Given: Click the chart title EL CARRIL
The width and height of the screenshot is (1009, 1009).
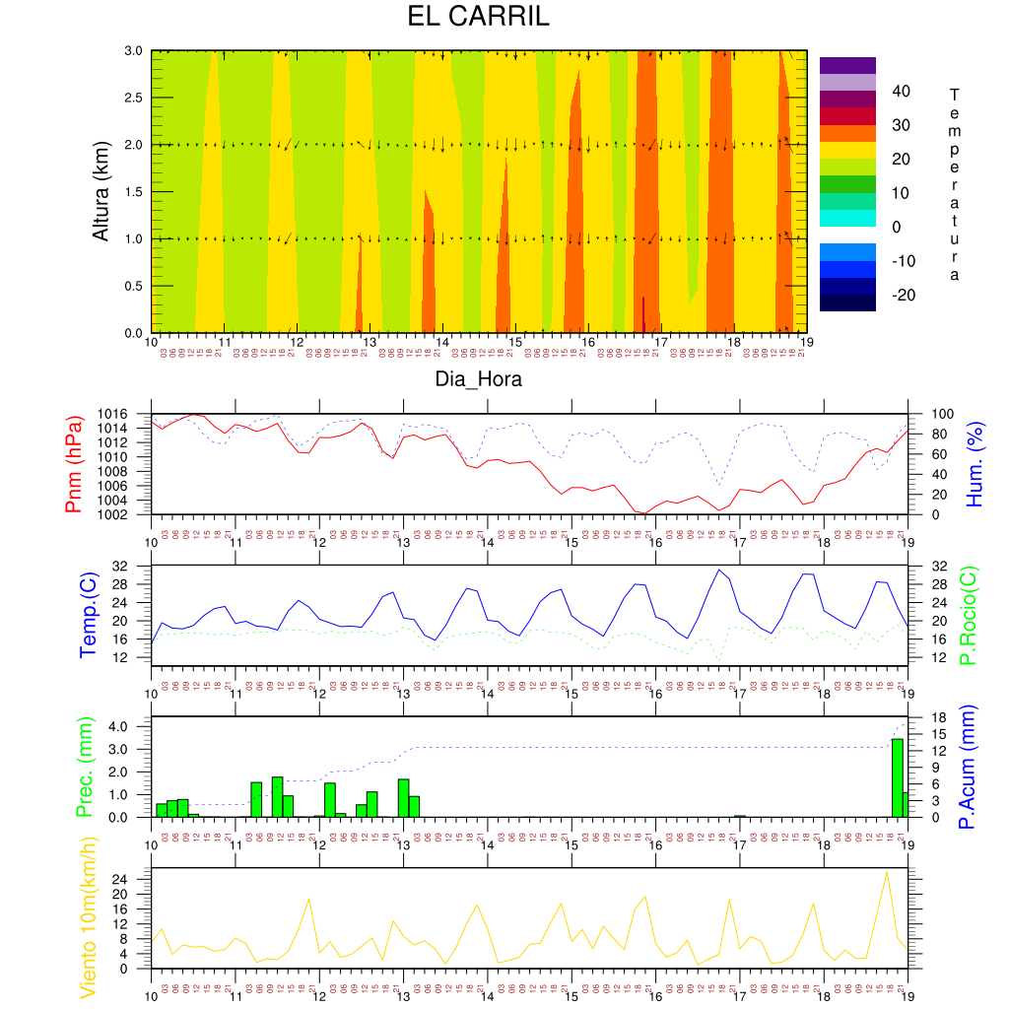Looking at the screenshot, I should pyautogui.click(x=479, y=18).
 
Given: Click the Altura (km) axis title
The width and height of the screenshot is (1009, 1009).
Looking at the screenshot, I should pyautogui.click(x=101, y=190).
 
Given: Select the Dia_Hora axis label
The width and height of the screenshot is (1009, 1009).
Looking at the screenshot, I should pyautogui.click(x=479, y=378).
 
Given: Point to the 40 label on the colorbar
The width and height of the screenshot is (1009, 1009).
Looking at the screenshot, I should pyautogui.click(x=901, y=91).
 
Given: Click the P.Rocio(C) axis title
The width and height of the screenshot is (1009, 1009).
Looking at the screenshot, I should pyautogui.click(x=969, y=615).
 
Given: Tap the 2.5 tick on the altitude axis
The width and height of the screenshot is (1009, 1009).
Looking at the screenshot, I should pyautogui.click(x=133, y=98).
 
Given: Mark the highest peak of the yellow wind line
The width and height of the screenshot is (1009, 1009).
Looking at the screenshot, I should pyautogui.click(x=887, y=871).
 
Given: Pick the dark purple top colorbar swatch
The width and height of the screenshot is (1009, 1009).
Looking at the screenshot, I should pyautogui.click(x=847, y=65).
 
